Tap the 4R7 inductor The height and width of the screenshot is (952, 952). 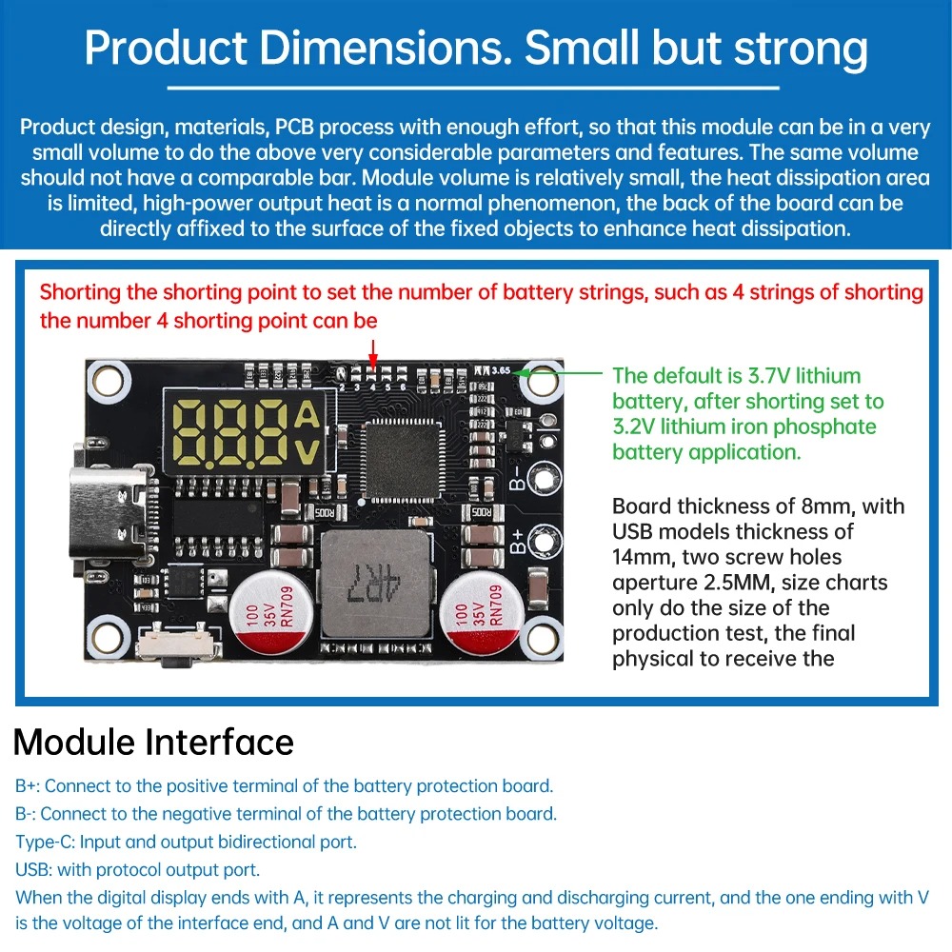[372, 583]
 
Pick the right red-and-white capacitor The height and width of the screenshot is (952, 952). [480, 611]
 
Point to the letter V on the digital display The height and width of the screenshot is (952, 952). [307, 450]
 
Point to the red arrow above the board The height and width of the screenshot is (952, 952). [373, 349]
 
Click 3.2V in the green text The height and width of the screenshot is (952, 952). [638, 426]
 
